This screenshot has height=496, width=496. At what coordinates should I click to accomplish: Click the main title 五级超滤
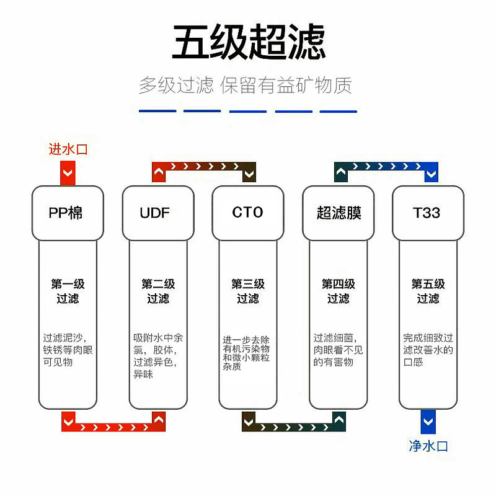click(248, 42)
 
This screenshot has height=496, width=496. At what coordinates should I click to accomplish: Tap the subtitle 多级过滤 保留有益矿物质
click(246, 85)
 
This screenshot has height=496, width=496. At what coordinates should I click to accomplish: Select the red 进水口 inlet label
click(68, 149)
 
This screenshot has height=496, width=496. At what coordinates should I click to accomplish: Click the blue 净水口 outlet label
click(428, 445)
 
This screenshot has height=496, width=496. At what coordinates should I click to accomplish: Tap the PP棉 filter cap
click(68, 213)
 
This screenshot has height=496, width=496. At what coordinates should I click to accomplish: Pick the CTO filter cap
click(248, 213)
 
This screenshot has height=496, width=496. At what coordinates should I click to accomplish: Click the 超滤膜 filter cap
click(338, 213)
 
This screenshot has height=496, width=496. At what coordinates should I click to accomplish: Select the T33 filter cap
click(427, 213)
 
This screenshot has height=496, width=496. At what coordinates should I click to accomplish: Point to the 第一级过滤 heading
click(68, 291)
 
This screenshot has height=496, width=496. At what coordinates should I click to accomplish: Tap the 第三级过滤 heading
click(248, 291)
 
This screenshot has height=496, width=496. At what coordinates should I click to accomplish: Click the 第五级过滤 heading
click(428, 291)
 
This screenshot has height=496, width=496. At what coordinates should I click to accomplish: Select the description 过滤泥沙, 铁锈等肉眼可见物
click(68, 350)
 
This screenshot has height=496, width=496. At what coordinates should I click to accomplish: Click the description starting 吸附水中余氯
click(157, 356)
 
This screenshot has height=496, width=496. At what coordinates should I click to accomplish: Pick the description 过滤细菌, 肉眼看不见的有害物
click(338, 350)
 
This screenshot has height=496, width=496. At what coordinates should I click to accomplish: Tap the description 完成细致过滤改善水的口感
click(428, 350)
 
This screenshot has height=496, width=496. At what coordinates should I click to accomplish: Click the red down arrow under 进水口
click(68, 173)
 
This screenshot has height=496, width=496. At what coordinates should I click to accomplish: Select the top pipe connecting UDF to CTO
click(205, 167)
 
